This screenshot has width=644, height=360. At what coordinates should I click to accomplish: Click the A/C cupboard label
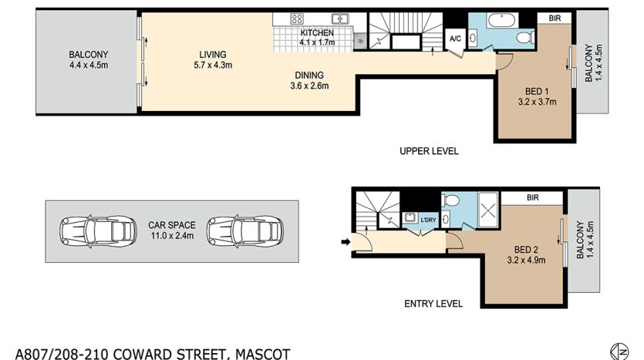pyautogui.click(x=455, y=39)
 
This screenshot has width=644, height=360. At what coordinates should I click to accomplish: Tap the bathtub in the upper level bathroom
pyautogui.click(x=502, y=21)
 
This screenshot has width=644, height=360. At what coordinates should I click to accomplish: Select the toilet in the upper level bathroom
pyautogui.click(x=525, y=39)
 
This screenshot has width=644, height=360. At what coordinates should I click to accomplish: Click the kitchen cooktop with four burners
pyautogui.click(x=297, y=19)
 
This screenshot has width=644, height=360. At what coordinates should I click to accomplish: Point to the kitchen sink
pyautogui.click(x=340, y=19)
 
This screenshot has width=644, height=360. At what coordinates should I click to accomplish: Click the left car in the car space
pyautogui.click(x=98, y=231)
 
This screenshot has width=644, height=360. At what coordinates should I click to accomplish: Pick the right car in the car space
pyautogui.click(x=245, y=231)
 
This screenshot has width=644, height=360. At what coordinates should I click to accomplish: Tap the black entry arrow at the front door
pyautogui.click(x=346, y=242)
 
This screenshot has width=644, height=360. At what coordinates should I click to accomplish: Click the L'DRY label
pyautogui.click(x=428, y=220)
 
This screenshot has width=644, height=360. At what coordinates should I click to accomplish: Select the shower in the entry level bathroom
pyautogui.click(x=488, y=210)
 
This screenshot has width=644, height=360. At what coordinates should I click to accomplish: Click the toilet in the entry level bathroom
pyautogui.click(x=450, y=200)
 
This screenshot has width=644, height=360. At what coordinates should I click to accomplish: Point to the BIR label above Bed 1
pyautogui.click(x=555, y=18)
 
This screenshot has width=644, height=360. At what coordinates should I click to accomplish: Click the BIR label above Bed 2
pyautogui.click(x=533, y=198)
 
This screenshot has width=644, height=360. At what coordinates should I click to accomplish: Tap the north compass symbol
pyautogui.click(x=619, y=352)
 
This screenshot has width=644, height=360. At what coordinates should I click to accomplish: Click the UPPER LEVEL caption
pyautogui.click(x=429, y=151)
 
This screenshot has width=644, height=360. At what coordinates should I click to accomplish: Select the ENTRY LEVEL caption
pyautogui.click(x=433, y=304)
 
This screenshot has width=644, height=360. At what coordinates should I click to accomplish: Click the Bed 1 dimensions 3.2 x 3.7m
pyautogui.click(x=537, y=102)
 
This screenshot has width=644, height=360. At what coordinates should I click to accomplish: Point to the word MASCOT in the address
pyautogui.click(x=262, y=354)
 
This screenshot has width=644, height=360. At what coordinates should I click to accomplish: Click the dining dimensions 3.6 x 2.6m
pyautogui.click(x=309, y=86)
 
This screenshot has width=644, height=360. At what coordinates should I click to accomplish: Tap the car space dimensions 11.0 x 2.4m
pyautogui.click(x=172, y=236)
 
